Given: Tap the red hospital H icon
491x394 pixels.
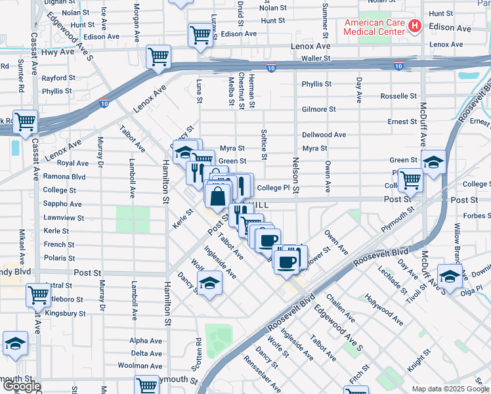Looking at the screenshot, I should [414, 27].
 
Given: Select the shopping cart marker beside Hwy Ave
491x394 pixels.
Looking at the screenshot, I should [158, 57].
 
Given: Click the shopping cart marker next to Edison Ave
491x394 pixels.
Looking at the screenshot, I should [200, 35].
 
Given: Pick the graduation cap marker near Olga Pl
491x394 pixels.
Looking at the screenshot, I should [450, 276].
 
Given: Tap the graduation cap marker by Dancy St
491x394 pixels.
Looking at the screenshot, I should [209, 284].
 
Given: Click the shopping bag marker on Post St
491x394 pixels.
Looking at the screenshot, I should [217, 194].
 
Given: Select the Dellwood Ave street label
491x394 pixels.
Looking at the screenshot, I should [324, 135].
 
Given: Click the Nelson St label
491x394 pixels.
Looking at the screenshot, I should [296, 178].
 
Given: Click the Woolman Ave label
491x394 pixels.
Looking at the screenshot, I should [145, 365].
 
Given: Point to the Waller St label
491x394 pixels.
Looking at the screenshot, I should [315, 58].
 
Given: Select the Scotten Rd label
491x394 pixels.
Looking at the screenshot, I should [198, 353].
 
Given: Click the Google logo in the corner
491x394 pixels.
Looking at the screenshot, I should [21, 386].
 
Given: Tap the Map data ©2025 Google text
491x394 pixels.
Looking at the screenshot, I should [450, 389].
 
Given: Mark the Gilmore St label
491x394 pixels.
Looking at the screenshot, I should [318, 109].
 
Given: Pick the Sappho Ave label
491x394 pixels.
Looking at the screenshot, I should [63, 204].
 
